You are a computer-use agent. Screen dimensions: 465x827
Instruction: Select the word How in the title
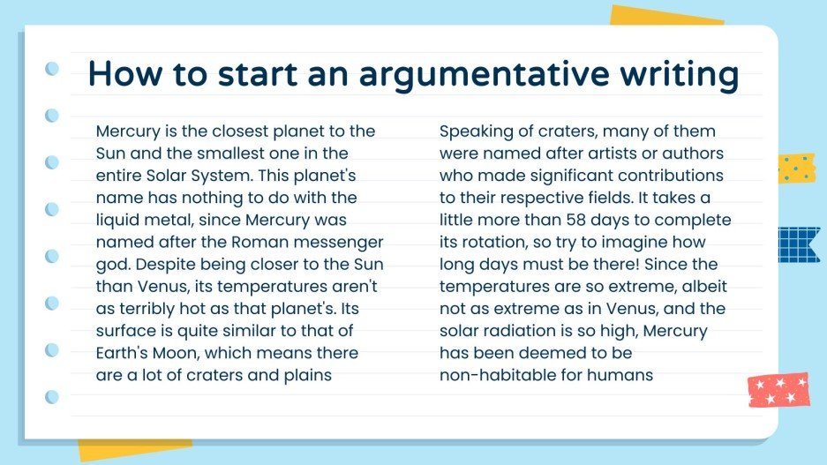click(123, 75)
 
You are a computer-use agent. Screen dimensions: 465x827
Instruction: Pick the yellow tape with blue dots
click(796, 168)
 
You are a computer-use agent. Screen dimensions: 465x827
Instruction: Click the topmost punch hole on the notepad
click(52, 68)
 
